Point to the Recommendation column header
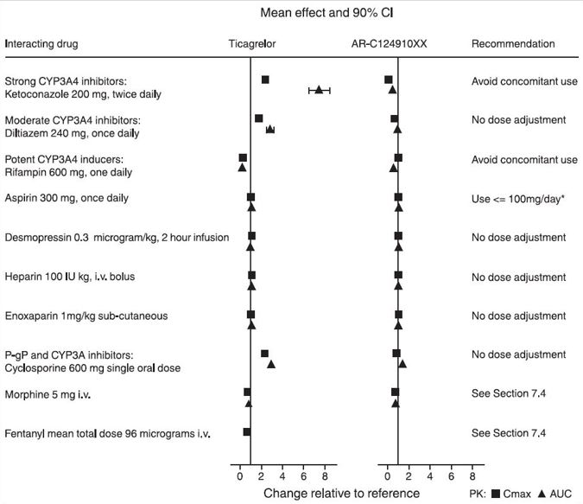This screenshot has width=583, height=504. click(x=513, y=44)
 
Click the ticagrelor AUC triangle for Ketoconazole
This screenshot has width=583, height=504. click(x=319, y=90)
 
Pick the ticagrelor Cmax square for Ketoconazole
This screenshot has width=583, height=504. click(x=265, y=80)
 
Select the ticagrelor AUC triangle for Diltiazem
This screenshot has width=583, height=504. click(x=270, y=129)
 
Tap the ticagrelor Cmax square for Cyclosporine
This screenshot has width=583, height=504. click(x=264, y=354)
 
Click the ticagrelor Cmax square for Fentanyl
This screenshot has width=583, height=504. click(x=247, y=431)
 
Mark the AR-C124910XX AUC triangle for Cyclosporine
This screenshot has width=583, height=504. click(x=402, y=364)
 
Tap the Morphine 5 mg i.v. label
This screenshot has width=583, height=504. click(x=48, y=393)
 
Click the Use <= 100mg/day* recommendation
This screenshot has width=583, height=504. click(x=516, y=198)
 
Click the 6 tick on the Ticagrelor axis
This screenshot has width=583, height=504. click(x=303, y=475)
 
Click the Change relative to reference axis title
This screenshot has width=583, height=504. click(x=341, y=494)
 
